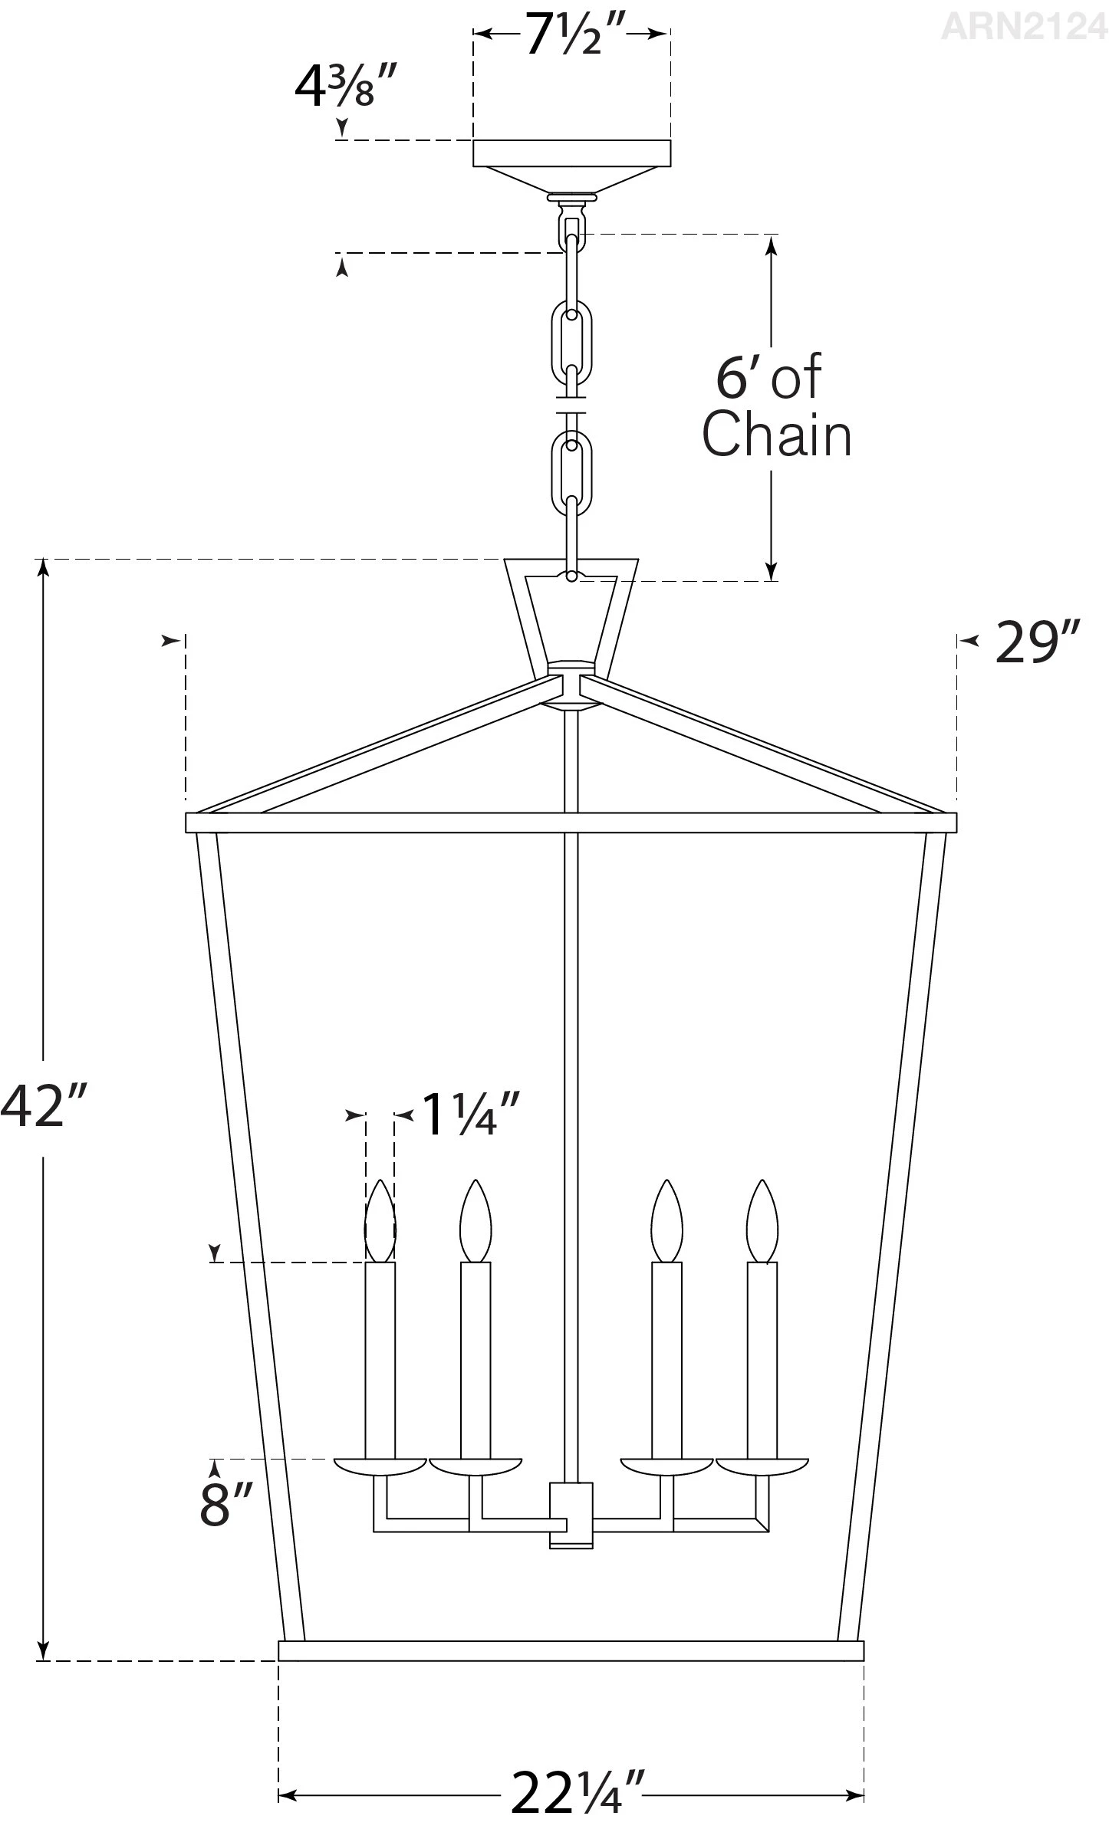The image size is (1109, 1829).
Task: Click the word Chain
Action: (x=776, y=435)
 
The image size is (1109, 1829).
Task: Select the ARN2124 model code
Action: (x=1024, y=27)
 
